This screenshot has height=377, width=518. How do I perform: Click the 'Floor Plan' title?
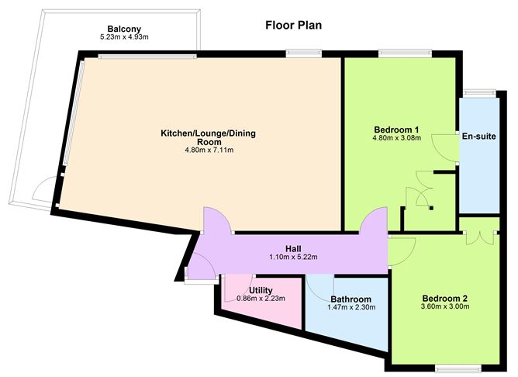(293, 26)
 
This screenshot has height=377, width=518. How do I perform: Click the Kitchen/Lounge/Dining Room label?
(208, 138)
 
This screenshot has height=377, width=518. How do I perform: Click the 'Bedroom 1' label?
(397, 129)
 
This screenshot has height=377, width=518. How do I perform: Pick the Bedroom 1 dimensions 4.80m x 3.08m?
(397, 138)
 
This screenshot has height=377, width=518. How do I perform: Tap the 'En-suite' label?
(478, 135)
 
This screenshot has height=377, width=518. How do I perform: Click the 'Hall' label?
(293, 248)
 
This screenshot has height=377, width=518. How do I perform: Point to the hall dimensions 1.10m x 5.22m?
(293, 258)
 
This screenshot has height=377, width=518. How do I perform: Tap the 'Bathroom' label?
(351, 299)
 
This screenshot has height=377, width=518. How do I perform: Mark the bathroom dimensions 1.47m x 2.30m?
(351, 308)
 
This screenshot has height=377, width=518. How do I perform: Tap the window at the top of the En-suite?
(478, 93)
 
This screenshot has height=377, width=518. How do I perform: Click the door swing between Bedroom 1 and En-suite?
(445, 146)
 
